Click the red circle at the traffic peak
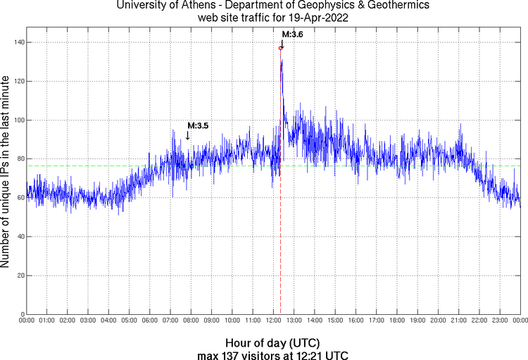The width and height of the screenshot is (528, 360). pyautogui.click(x=281, y=48)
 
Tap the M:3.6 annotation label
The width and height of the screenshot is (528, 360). pyautogui.click(x=292, y=35)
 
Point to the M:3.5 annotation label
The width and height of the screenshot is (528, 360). pyautogui.click(x=198, y=125)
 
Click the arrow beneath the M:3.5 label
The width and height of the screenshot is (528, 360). pyautogui.click(x=188, y=135)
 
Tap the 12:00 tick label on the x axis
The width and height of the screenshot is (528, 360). pyautogui.click(x=273, y=321)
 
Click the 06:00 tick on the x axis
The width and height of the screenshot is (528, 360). pyautogui.click(x=150, y=321)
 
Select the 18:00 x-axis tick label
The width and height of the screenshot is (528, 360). pyautogui.click(x=397, y=321)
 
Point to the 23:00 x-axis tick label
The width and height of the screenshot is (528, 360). pyautogui.click(x=500, y=321)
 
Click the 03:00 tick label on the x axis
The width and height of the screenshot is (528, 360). pyautogui.click(x=88, y=321)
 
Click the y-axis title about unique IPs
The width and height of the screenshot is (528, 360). pyautogui.click(x=6, y=173)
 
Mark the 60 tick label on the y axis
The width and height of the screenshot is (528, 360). pyautogui.click(x=20, y=198)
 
